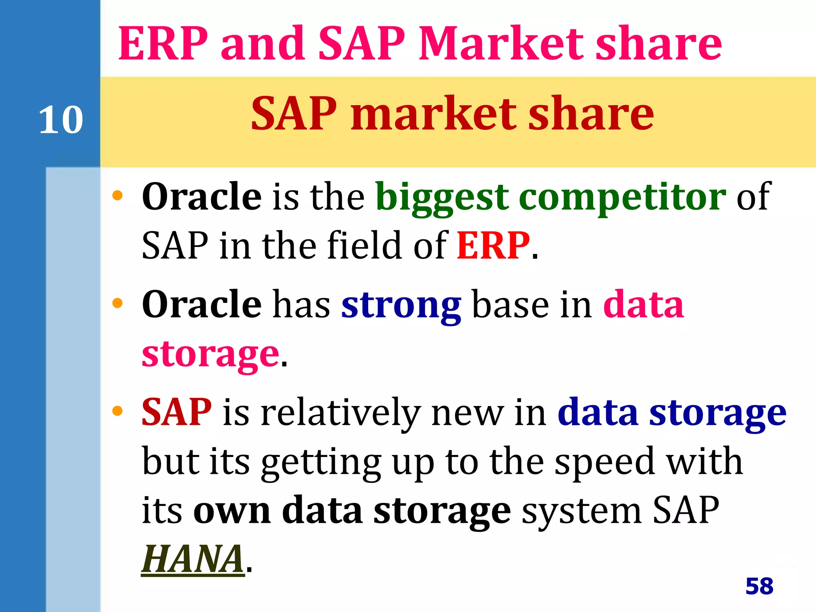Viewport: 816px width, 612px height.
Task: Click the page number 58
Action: tap(759, 586)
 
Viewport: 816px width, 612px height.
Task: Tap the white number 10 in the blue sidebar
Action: tap(61, 120)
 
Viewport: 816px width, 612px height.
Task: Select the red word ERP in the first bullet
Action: tap(493, 245)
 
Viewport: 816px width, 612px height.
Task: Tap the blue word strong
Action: tap(401, 305)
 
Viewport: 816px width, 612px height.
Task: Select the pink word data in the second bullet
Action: tap(643, 305)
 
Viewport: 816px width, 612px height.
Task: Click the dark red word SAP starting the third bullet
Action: tap(177, 412)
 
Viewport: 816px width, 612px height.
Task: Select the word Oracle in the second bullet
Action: tap(202, 305)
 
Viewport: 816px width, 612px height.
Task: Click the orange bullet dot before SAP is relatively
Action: tap(117, 411)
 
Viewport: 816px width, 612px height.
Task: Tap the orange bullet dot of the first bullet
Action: tap(117, 195)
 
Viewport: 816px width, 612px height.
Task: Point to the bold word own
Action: tap(232, 511)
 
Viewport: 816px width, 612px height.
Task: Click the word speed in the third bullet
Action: tap(605, 462)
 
